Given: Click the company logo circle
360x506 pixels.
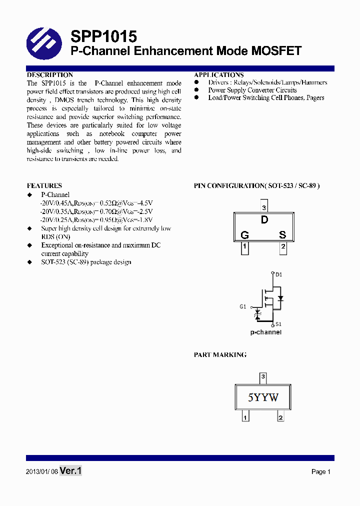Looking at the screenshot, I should tap(44, 43).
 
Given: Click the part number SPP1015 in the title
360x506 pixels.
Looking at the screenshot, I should tap(103, 36).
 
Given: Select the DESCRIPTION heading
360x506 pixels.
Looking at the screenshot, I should tap(49, 75).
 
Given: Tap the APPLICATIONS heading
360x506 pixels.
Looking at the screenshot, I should tap(219, 75).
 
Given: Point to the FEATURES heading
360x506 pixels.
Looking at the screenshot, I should tap(44, 185).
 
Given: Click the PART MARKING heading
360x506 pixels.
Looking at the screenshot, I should tap(220, 354).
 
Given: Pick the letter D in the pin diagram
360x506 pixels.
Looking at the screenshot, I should tap(264, 220).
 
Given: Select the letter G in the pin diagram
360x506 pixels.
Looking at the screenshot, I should tap(244, 235).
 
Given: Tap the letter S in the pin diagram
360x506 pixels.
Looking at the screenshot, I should tap(282, 235).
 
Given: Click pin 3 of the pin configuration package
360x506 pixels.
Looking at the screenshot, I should tap(264, 207).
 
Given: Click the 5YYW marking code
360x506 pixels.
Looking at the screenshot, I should tap(263, 397).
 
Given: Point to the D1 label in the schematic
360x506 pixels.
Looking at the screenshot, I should tap(279, 274).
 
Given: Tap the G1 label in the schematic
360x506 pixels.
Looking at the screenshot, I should tap(242, 306).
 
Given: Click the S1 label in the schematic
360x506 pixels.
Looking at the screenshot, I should tap(279, 324).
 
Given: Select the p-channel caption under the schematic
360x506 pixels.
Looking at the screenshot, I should tap(265, 332).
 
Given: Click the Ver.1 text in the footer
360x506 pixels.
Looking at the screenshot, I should tap(70, 470).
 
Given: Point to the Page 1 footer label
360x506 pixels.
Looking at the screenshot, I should tap(321, 471).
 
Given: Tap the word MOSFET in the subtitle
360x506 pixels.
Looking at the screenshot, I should tap(276, 51).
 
